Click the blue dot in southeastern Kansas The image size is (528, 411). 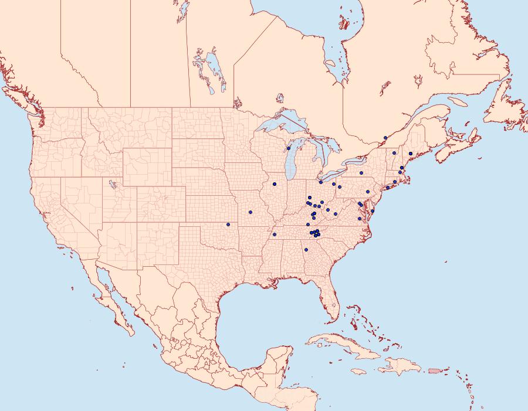click(x=228, y=224)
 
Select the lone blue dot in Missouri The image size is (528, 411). click(x=251, y=212)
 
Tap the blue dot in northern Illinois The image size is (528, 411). click(x=274, y=184)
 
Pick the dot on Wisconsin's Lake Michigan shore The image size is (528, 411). click(x=289, y=148)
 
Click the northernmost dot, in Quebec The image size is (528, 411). click(x=385, y=138)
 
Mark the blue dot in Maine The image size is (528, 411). click(x=411, y=154)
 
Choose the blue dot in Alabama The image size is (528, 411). click(x=306, y=250)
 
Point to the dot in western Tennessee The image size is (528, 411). click(x=274, y=235)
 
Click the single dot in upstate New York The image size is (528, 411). click(x=361, y=173)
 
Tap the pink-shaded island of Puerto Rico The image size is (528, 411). click(x=434, y=370)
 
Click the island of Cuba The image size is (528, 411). click(x=340, y=343)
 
